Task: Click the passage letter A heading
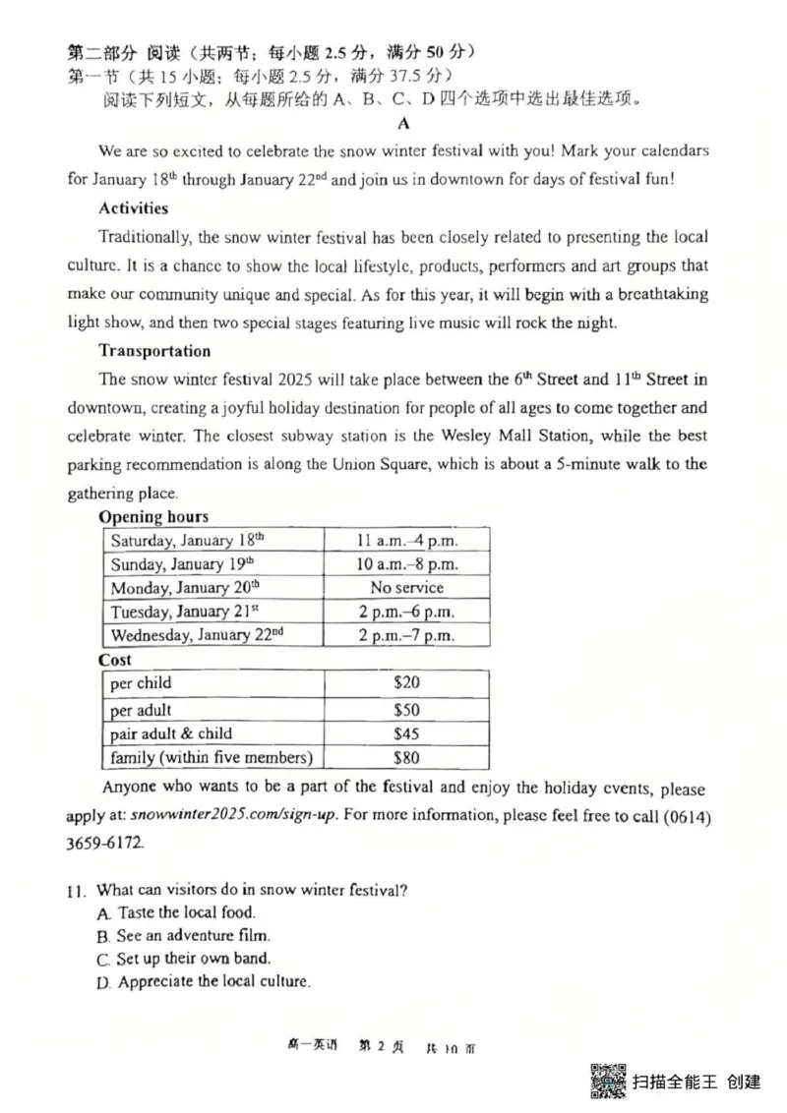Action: coord(402,124)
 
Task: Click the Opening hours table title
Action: coord(153,517)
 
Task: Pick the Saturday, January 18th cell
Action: coord(188,541)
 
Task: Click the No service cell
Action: coord(406,588)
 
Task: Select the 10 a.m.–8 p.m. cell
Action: coord(406,564)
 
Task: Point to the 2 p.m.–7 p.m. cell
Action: coord(406,635)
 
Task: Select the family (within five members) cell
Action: coord(211,757)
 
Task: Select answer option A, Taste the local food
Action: coord(175,912)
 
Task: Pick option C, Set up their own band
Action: coord(183,959)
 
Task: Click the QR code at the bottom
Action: coord(607,1081)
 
